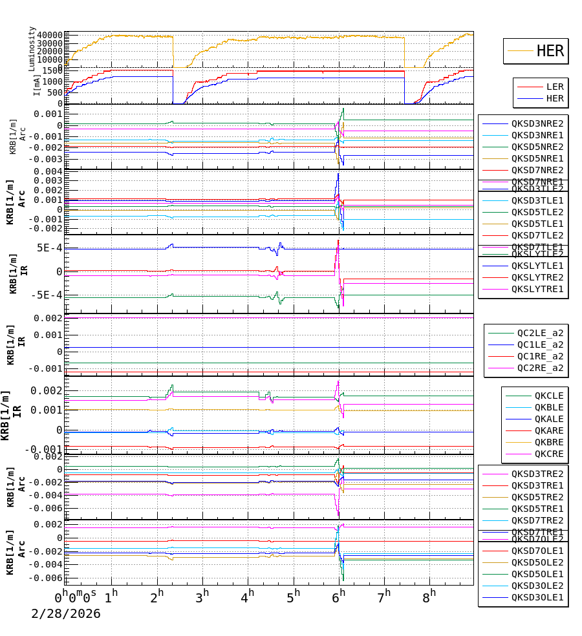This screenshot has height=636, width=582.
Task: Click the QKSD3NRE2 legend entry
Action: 537,123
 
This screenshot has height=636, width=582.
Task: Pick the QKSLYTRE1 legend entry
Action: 537,289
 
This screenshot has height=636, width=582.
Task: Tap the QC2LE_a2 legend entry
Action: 539,333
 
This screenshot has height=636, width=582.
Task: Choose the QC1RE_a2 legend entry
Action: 539,356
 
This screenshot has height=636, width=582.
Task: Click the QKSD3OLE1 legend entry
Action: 537,597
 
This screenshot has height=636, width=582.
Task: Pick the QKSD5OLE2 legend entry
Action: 537,562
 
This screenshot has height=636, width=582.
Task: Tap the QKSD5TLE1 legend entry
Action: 537,224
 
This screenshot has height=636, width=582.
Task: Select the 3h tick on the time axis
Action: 204,595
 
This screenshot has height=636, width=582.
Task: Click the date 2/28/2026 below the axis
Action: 66,614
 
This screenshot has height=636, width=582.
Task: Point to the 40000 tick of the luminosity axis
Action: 49,35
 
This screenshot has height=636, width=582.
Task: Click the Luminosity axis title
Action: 32,48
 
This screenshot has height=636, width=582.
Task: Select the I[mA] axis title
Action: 37,84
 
